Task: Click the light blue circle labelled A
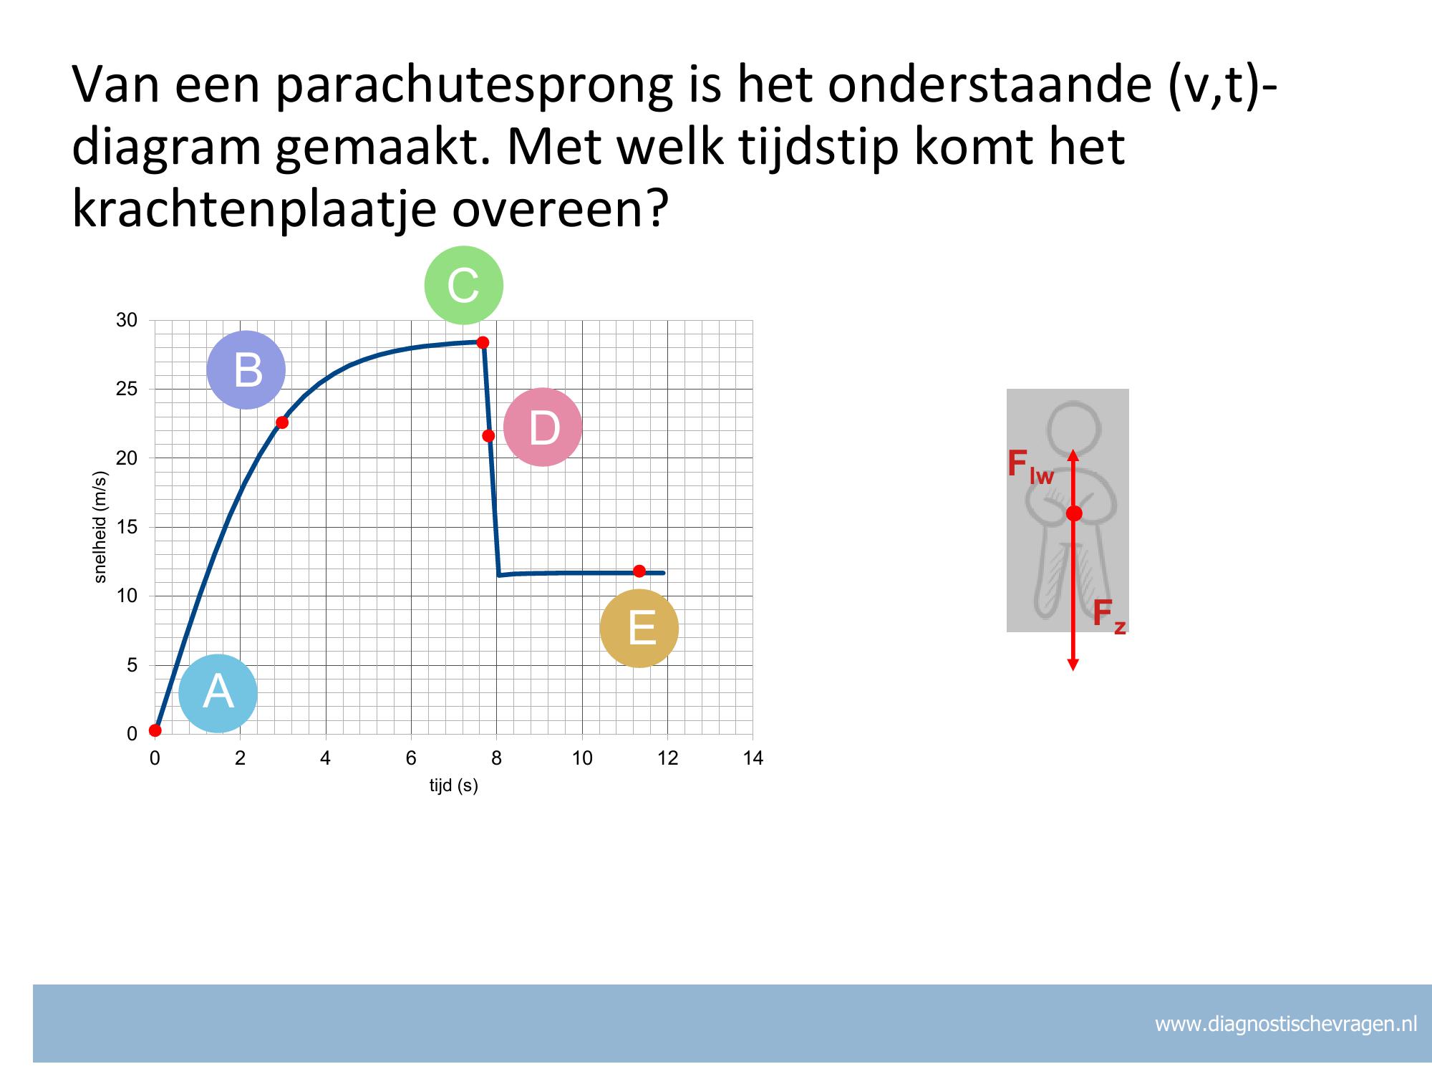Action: [218, 693]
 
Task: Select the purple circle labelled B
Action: [246, 369]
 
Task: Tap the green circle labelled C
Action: [464, 285]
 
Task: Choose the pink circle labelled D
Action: [543, 427]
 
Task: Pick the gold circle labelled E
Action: [639, 628]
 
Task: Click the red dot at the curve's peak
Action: [483, 342]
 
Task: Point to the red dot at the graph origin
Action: [155, 730]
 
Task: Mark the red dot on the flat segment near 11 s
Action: [639, 571]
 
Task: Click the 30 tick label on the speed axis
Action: [127, 320]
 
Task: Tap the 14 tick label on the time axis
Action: [753, 759]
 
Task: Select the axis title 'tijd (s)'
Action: [454, 786]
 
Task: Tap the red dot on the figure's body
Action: [1074, 513]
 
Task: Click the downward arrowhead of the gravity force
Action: [1073, 664]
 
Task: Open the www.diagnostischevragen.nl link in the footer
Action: [1286, 1024]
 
